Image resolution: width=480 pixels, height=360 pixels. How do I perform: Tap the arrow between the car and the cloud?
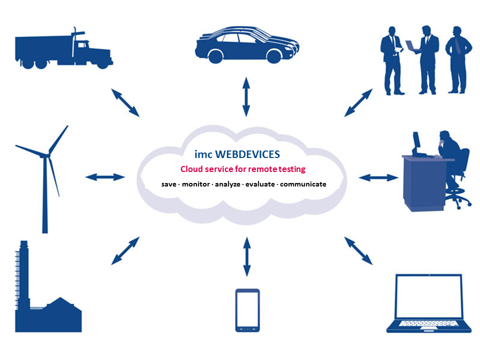coord(245,97)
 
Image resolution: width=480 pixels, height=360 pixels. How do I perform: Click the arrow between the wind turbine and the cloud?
coord(105,177)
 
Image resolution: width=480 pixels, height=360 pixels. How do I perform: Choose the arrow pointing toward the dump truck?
coord(125,102)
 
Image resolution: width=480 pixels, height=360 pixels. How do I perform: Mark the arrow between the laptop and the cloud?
coord(358,250)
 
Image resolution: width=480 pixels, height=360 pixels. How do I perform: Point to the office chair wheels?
coord(458,202)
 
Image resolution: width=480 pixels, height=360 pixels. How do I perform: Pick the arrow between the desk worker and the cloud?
coord(378,177)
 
